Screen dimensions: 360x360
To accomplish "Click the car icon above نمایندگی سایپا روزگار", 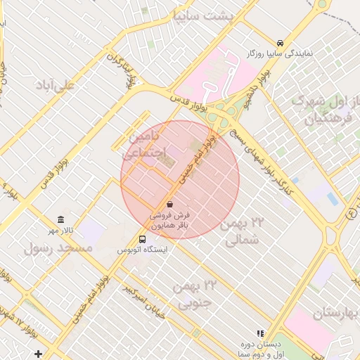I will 281,42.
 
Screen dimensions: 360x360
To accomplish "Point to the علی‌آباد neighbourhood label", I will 58,85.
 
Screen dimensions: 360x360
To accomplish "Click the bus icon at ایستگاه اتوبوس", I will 143,238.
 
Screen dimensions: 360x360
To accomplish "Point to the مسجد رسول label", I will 58,248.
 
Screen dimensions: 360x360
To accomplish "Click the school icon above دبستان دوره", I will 260,333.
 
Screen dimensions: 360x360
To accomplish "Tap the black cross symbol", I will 38,354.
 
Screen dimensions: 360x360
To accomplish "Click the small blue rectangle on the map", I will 332,199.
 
